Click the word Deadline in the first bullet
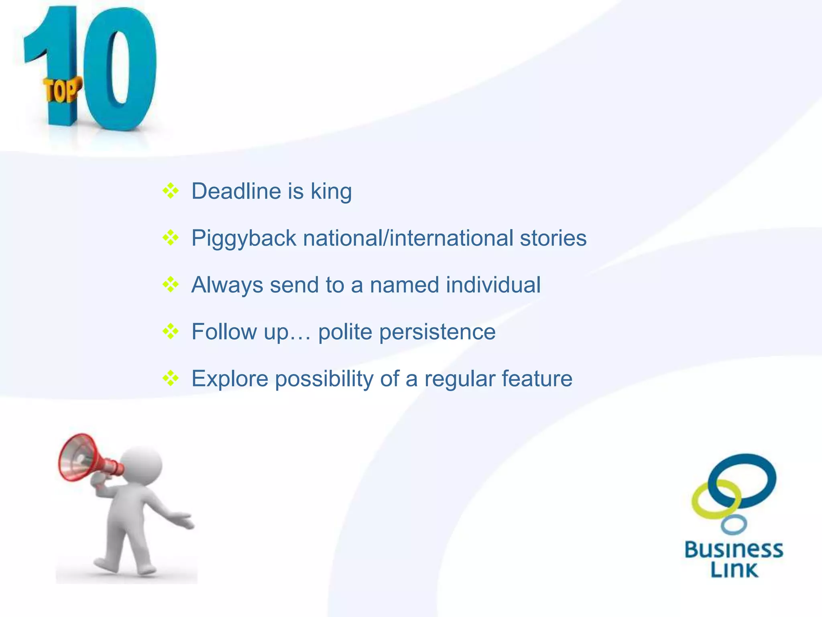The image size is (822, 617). click(236, 191)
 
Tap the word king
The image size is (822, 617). click(331, 192)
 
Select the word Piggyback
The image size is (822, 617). click(244, 239)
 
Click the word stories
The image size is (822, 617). click(553, 238)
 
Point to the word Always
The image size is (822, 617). click(227, 286)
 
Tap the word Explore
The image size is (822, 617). click(230, 379)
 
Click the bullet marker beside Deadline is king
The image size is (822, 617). click(171, 191)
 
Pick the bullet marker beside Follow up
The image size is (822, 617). click(171, 332)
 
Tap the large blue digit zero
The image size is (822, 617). click(120, 68)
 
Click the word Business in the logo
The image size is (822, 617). click(734, 550)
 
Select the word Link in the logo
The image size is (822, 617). click(734, 570)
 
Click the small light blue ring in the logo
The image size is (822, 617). click(734, 525)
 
